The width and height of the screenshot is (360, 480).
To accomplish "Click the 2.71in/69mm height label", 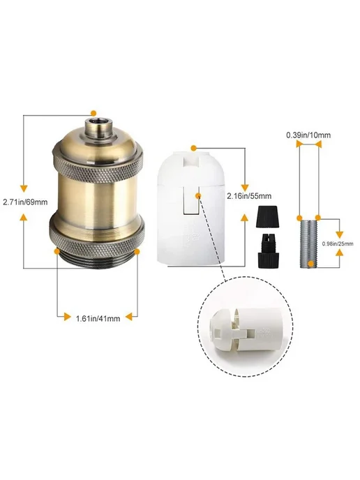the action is point(25,202).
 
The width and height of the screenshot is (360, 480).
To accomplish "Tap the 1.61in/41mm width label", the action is point(98,318).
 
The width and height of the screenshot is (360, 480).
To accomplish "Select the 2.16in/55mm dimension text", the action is point(249,196).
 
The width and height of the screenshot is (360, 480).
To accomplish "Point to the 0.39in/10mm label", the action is point(308,135).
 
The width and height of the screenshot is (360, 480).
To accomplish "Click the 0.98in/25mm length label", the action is point(338,243).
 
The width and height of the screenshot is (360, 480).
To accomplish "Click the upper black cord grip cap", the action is point(264,216).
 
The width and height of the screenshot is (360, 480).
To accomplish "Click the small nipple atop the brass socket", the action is point(94,125).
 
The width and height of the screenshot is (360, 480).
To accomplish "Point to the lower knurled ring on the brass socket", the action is point(98,236).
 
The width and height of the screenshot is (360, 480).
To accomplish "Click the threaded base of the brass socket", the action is point(98,260).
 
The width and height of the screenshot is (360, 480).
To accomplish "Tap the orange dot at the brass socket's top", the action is point(93,113).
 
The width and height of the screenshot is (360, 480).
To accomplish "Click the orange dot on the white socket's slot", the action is point(198,195).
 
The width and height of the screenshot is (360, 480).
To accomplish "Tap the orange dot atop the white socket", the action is point(193,149).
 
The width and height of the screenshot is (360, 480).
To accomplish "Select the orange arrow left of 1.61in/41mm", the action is point(67,317).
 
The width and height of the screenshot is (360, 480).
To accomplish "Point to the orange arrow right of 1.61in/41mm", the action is point(130,317).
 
